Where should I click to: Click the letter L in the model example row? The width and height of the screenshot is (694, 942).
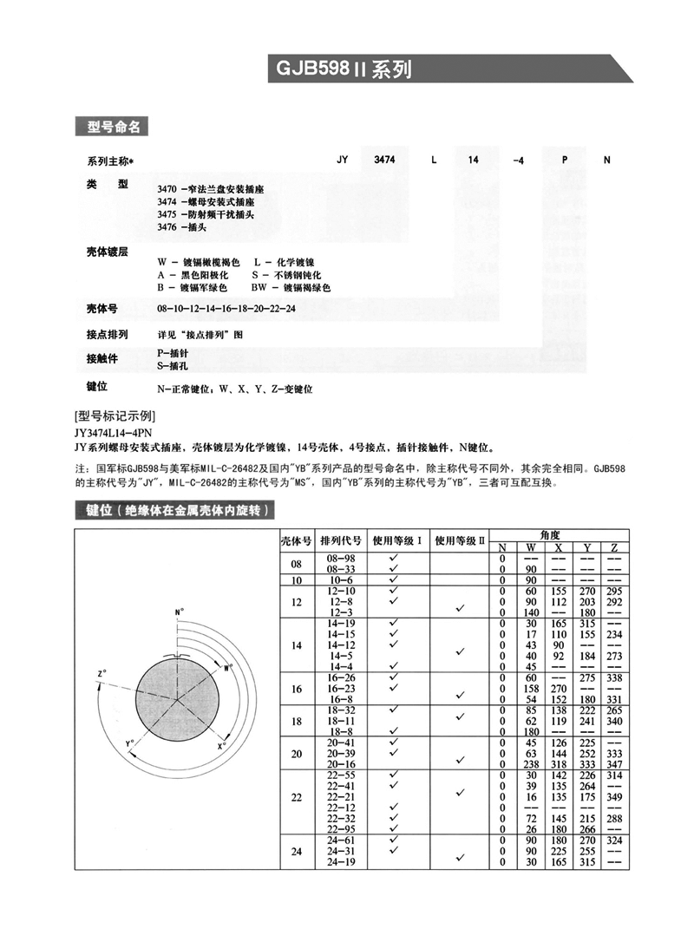[x=434, y=160]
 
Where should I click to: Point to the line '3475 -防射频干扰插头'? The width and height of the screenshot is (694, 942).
[x=206, y=213]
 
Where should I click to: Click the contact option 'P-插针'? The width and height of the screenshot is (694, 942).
[x=172, y=354]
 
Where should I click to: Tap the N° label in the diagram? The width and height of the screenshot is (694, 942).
[x=180, y=613]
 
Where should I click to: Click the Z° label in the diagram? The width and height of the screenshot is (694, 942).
[x=102, y=672]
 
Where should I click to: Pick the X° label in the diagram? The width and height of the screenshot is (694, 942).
[x=221, y=744]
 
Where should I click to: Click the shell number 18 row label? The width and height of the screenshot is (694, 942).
[x=296, y=721]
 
